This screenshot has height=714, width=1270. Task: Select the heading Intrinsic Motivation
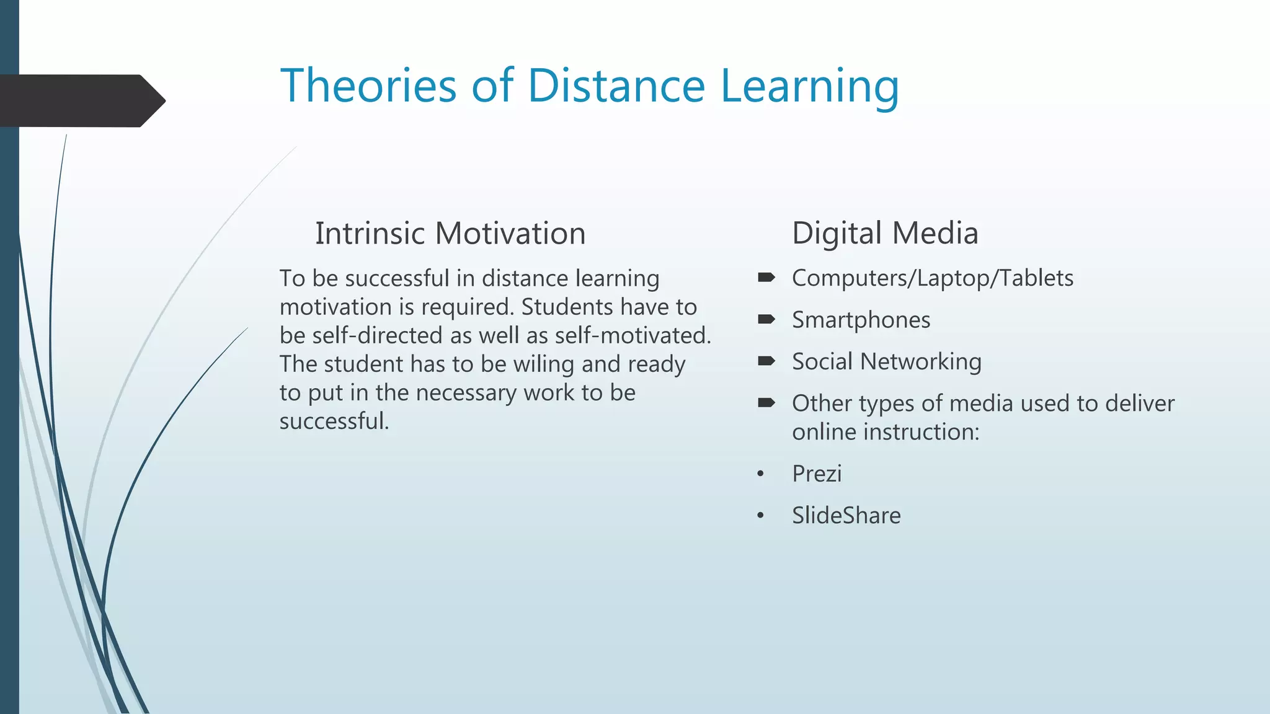coord(450,233)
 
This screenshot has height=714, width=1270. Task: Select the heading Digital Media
coord(885,233)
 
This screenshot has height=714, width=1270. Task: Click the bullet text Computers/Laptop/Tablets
coord(932,278)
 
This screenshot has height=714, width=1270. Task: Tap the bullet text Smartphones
coord(861,320)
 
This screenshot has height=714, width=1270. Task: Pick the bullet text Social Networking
coord(886,361)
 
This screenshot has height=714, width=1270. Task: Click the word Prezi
coord(817,474)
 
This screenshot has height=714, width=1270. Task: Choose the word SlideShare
coord(846,515)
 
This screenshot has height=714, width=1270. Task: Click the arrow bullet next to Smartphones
coord(766,319)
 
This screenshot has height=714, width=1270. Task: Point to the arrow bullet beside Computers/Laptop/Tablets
coord(766,277)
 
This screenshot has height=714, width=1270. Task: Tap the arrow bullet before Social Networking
coord(766,361)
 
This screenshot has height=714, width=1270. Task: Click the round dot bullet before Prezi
coord(760,474)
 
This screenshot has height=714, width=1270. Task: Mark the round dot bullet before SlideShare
coord(760,516)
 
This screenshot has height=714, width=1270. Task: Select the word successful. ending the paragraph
coord(334,421)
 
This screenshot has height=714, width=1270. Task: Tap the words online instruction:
coord(885,431)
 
